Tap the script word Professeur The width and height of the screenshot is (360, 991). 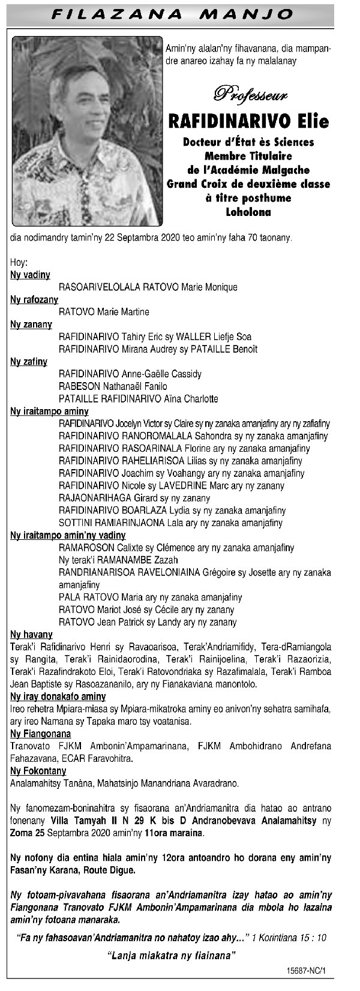tap(250, 93)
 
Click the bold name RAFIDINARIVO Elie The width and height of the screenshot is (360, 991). tap(249, 121)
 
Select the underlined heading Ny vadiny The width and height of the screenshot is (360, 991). tap(30, 275)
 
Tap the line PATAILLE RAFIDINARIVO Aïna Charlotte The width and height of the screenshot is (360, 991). tap(139, 399)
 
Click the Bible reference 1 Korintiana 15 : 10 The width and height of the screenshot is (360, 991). tap(290, 936)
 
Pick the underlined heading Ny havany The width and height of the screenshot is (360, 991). tap(31, 635)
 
